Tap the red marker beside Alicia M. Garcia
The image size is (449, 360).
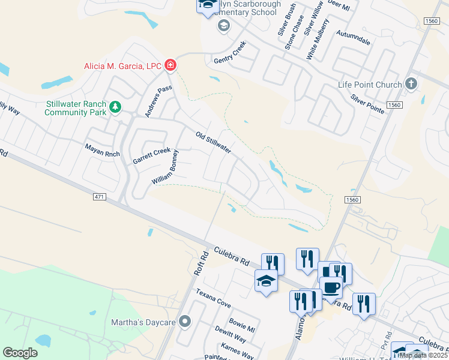point(170,65)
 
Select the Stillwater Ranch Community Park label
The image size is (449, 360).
point(75,107)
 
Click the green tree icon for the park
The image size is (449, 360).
point(115,108)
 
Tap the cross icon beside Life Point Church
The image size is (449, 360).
point(411,84)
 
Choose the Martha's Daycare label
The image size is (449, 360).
point(143,322)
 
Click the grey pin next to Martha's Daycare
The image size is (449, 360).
point(185,322)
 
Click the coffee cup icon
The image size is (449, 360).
point(331,287)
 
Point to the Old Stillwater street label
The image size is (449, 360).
point(214,142)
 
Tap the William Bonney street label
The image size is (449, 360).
point(166,167)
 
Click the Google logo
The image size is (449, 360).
point(20,353)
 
